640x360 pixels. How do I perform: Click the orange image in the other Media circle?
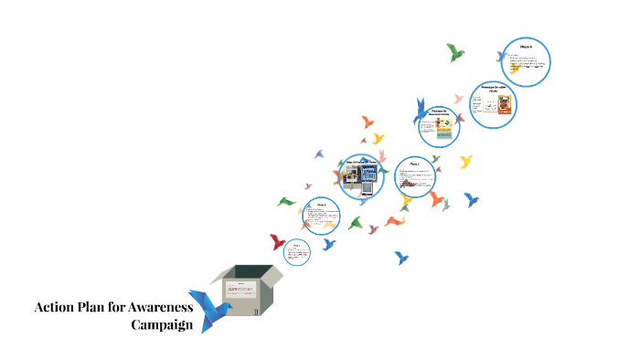pyautogui.click(x=502, y=108)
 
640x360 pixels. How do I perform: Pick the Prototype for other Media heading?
pyautogui.click(x=493, y=89)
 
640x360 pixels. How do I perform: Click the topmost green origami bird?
pyautogui.click(x=455, y=53)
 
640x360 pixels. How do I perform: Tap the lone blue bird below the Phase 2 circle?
pyautogui.click(x=400, y=258)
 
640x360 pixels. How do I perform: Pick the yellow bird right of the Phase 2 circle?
pyautogui.click(x=465, y=162)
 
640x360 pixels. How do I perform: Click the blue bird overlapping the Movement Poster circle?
pyautogui.click(x=421, y=109)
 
